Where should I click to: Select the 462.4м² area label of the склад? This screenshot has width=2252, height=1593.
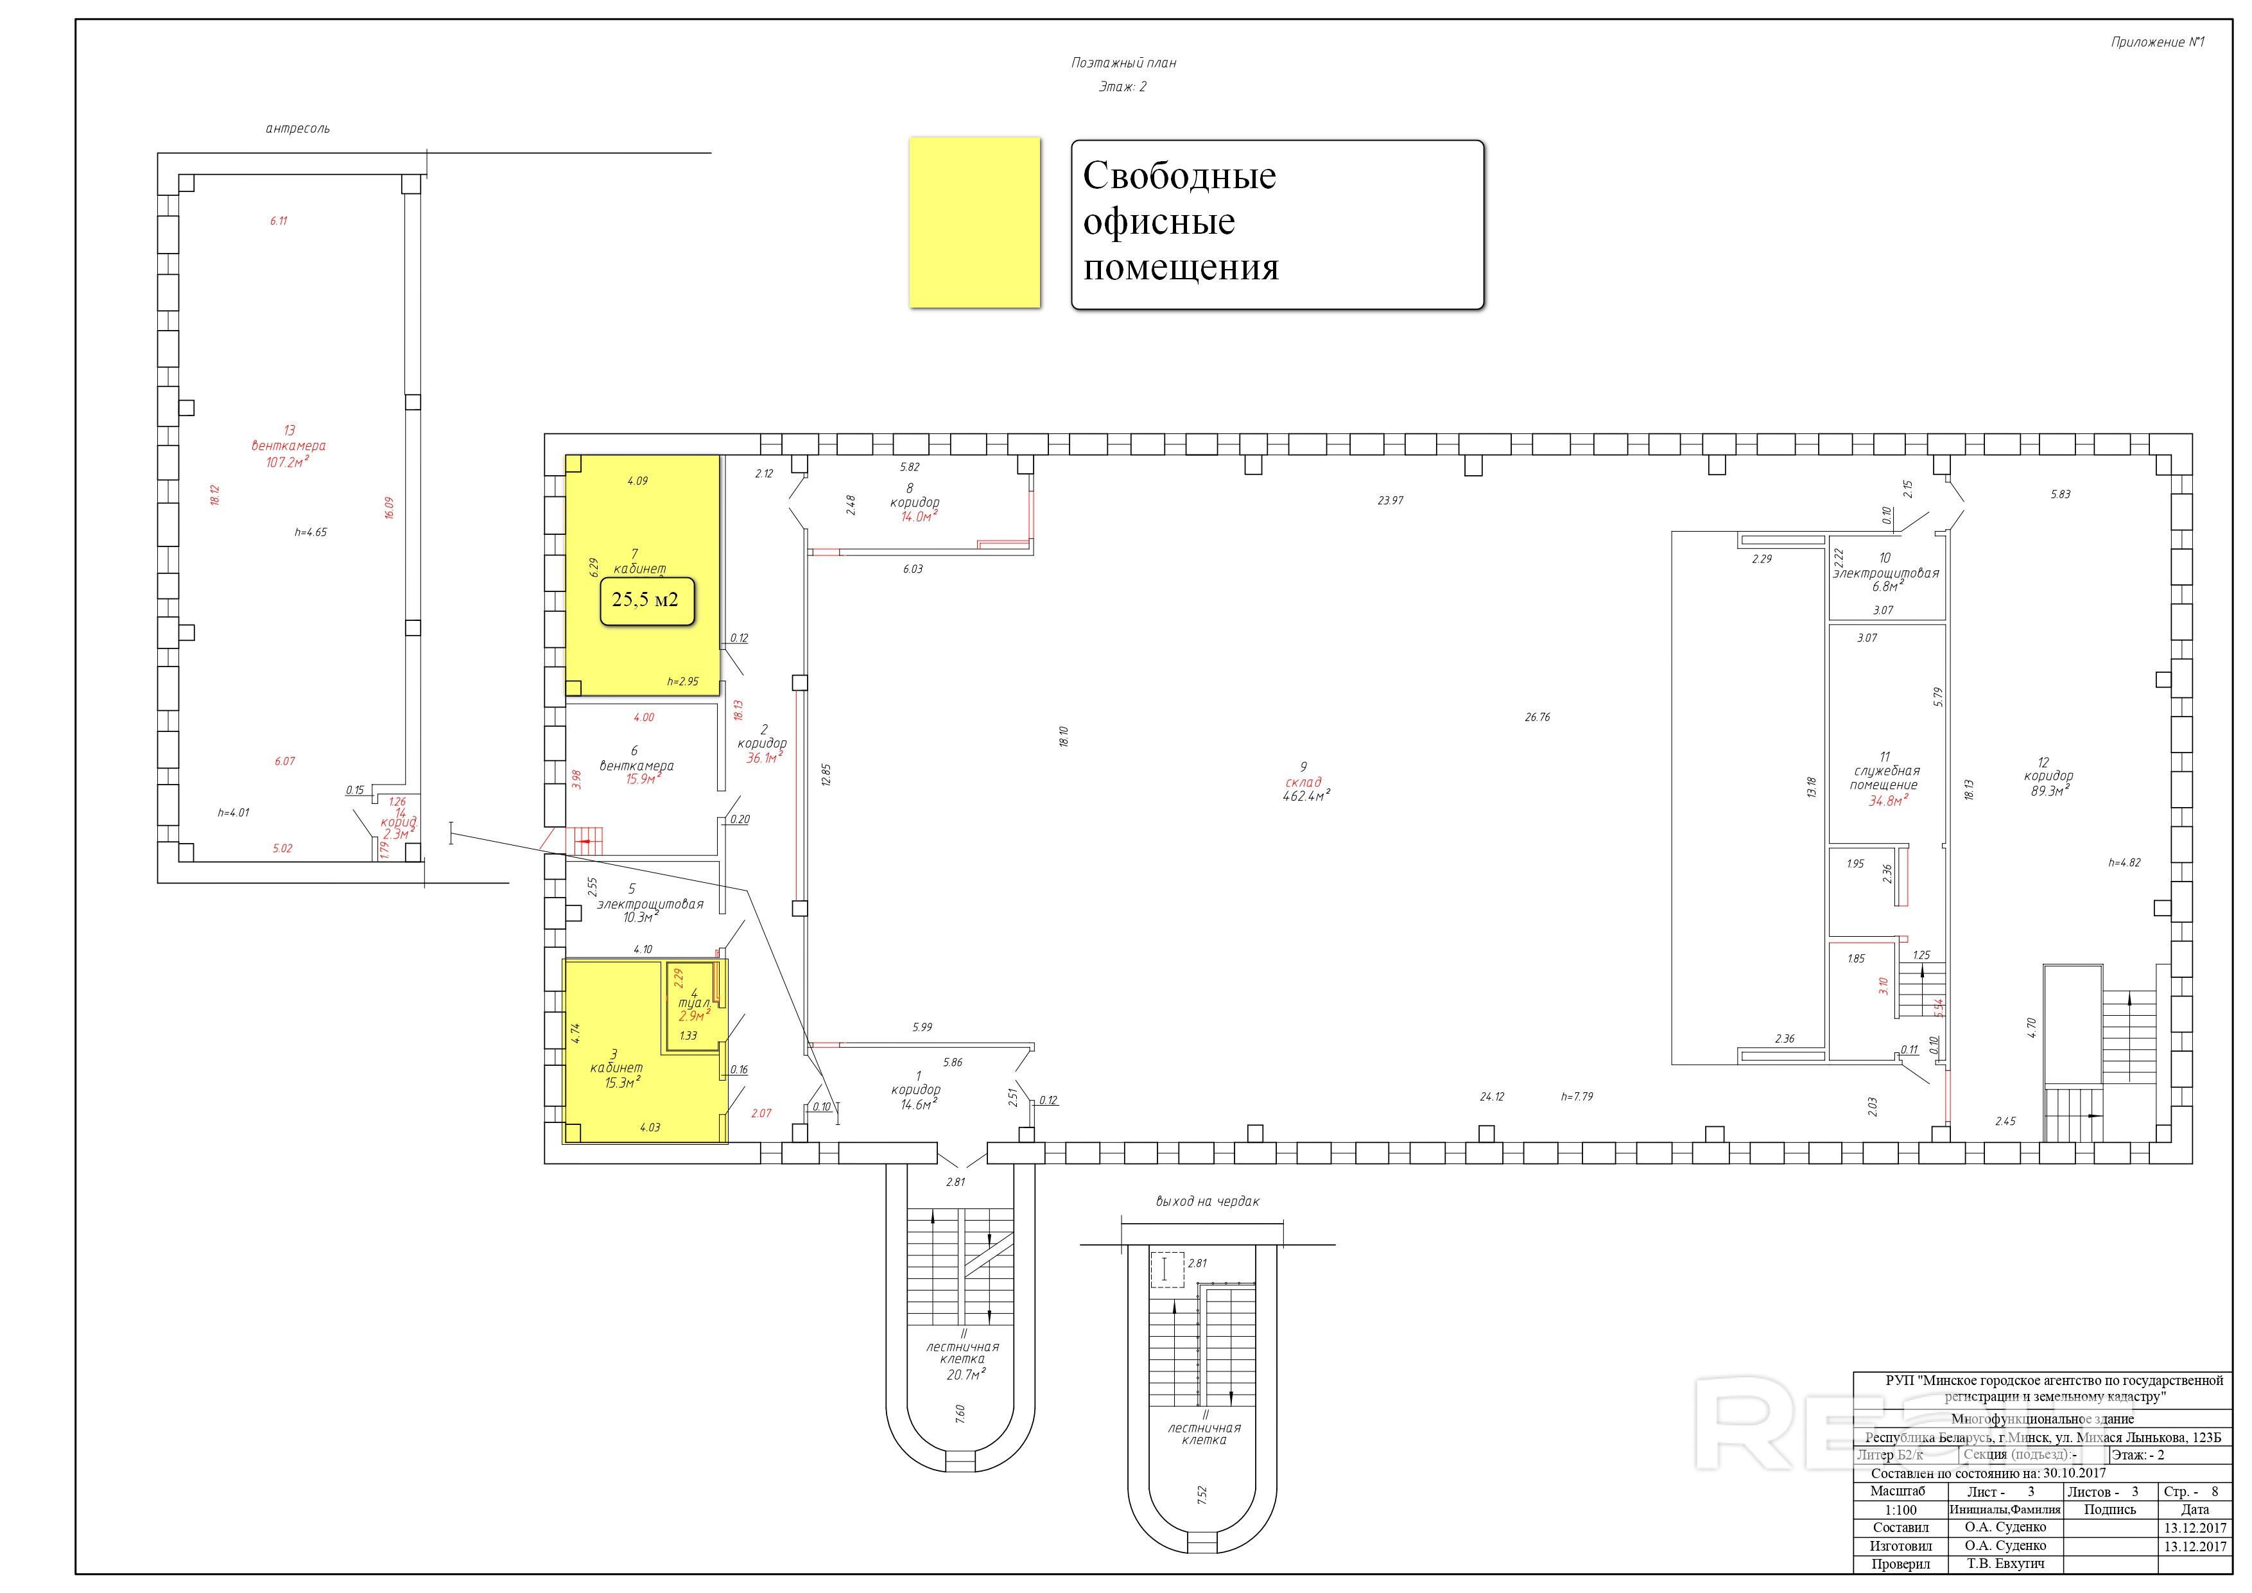[1304, 796]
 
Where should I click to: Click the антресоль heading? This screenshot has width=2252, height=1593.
[297, 128]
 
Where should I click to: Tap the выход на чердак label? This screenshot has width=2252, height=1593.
[1206, 1201]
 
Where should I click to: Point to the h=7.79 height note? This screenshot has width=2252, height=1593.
[1577, 1097]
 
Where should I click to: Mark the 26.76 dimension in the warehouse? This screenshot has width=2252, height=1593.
[1537, 717]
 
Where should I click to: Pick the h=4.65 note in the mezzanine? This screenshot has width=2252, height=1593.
[311, 533]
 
